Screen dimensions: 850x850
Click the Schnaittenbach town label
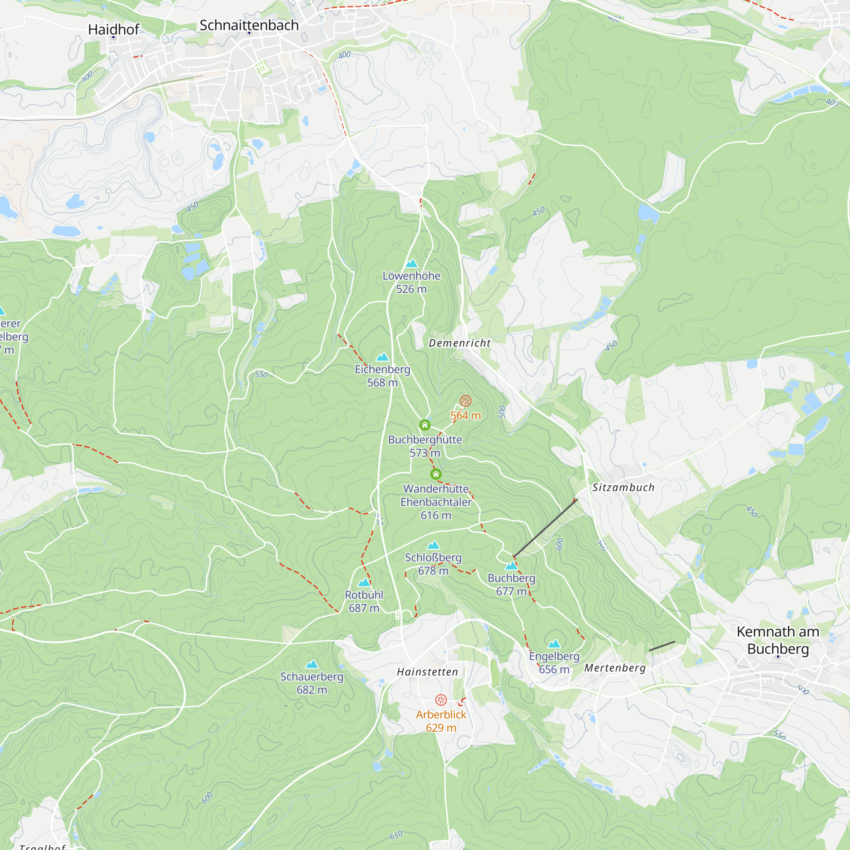pos(249,25)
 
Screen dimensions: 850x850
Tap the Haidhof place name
pos(113,29)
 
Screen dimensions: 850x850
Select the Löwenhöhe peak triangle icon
pos(411,263)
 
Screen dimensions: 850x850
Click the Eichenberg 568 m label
pos(382,376)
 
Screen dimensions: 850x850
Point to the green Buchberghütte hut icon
pos(425,425)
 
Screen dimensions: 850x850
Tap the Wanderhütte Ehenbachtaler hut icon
pos(436,474)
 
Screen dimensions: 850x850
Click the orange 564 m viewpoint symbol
pos(465,401)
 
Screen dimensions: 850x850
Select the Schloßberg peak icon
pos(433,545)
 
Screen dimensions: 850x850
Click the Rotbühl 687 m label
pos(364,601)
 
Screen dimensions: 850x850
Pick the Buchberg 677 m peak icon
pos(511,566)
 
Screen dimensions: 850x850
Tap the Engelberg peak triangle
pos(554,644)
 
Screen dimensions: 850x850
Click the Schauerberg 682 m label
pos(312,683)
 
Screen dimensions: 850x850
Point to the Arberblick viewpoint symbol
pos(441,700)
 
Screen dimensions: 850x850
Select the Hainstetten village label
pos(427,672)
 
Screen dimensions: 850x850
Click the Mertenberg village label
pos(615,668)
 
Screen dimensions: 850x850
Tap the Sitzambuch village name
pos(623,487)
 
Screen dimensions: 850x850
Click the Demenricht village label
pos(459,343)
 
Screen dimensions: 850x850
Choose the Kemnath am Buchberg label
pos(778,640)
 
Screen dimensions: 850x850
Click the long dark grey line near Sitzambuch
pos(546,527)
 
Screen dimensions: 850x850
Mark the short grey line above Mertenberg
pos(661,646)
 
